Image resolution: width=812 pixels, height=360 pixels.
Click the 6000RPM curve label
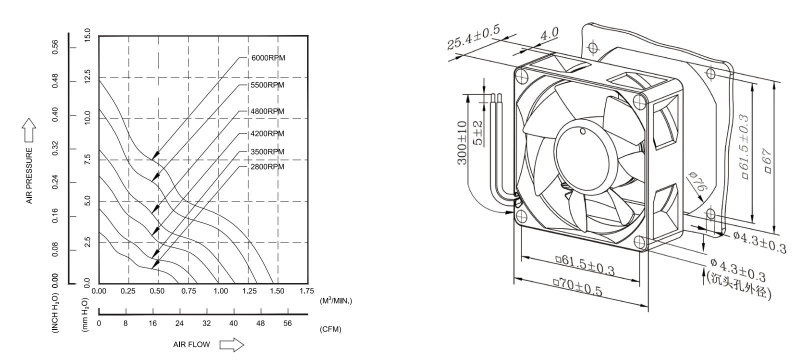(268, 58)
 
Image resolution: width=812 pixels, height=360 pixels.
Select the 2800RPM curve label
(267, 166)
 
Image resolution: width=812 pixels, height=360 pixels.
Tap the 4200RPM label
(267, 133)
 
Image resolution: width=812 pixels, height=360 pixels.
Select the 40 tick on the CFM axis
(233, 323)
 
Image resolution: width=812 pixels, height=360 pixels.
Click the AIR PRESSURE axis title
(29, 175)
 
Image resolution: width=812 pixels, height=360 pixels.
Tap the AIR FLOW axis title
(191, 344)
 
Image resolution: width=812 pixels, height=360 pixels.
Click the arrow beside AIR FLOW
(231, 344)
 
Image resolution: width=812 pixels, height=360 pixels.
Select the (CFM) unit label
(330, 329)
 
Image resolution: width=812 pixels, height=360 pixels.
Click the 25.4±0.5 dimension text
(473, 37)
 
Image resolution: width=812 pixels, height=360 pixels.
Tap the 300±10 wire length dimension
(462, 142)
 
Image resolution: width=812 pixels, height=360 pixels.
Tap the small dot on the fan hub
(582, 132)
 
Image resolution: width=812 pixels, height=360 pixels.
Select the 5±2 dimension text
(478, 132)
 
